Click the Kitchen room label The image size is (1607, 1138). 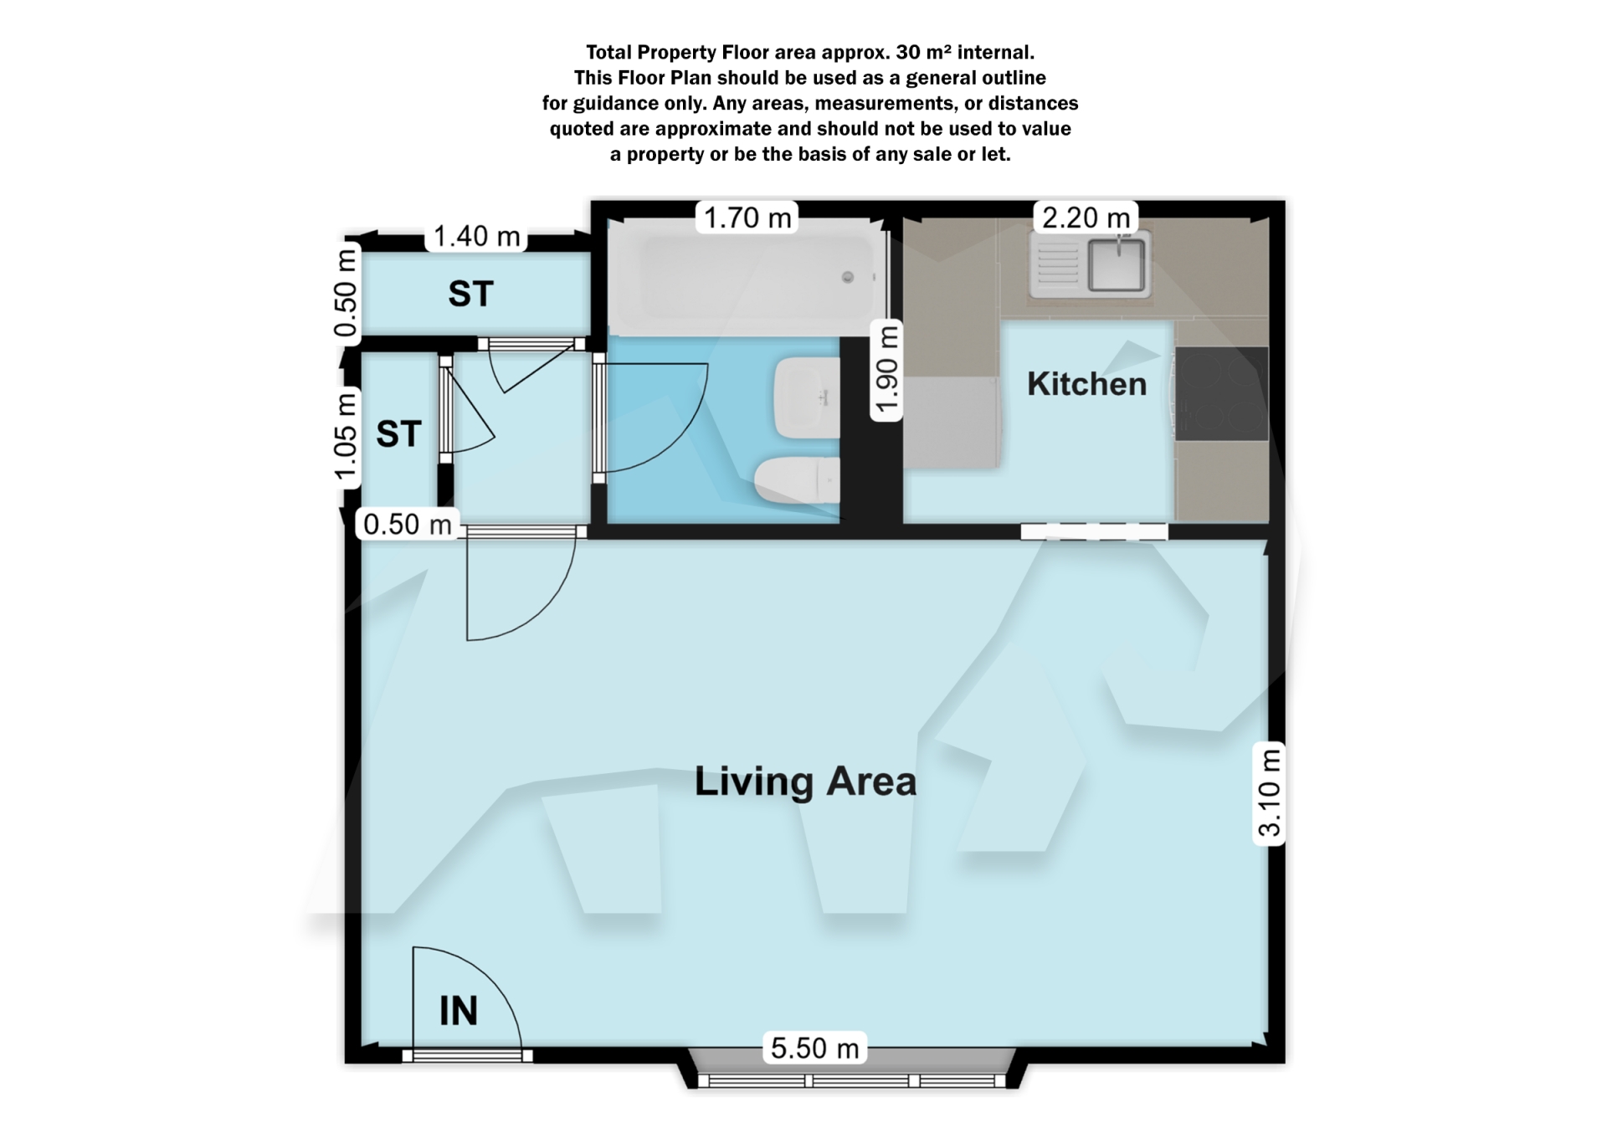tap(1086, 384)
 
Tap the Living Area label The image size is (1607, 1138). tap(805, 782)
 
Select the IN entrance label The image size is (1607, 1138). tap(459, 1011)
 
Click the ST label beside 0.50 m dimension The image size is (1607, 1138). tap(470, 294)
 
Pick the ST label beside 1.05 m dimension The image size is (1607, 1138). tap(398, 434)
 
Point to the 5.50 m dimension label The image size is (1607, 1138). tap(814, 1048)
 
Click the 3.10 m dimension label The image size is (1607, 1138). tap(1270, 792)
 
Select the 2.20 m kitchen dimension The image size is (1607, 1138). tap(1086, 218)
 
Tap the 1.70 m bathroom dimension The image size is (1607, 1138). tap(747, 218)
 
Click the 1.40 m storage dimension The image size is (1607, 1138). tap(476, 237)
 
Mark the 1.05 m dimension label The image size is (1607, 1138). tap(346, 438)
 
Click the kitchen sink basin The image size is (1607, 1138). tap(1117, 264)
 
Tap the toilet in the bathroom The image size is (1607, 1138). tap(797, 480)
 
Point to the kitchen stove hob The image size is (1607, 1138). tap(1222, 393)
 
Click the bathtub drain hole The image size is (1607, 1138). tap(848, 277)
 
